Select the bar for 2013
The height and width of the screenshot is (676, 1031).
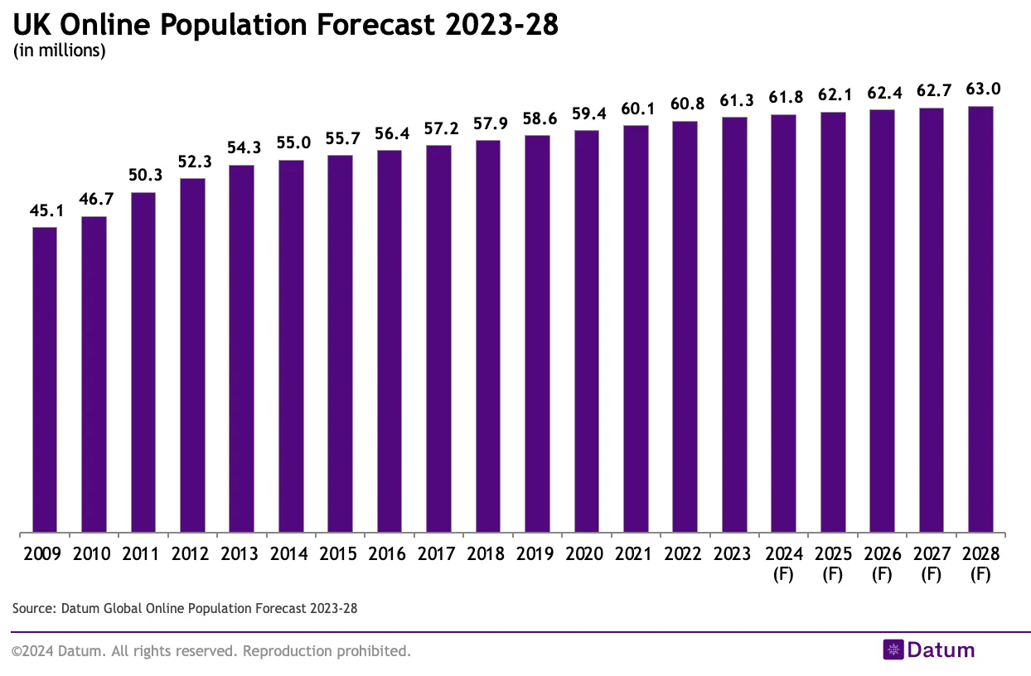click(241, 349)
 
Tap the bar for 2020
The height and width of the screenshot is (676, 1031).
click(587, 331)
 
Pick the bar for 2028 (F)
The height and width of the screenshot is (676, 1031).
click(980, 319)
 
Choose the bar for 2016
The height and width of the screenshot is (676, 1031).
click(390, 340)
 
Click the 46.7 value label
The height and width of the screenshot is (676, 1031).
click(94, 200)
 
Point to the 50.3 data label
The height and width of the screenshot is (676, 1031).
click(143, 176)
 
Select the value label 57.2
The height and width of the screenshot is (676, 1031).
click(438, 128)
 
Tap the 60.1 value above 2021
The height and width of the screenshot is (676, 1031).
click(636, 109)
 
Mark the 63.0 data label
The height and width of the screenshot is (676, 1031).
click(980, 89)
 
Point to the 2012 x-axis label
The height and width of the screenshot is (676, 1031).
click(190, 554)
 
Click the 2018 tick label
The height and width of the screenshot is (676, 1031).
click(486, 554)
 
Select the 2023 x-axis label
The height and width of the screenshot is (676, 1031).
click(733, 554)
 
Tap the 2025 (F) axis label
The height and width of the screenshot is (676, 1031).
click(832, 563)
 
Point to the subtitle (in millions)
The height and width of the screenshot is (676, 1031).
click(59, 51)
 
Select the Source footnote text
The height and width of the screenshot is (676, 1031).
click(185, 609)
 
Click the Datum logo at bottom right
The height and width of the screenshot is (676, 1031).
click(929, 650)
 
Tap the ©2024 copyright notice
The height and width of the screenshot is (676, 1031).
click(211, 651)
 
